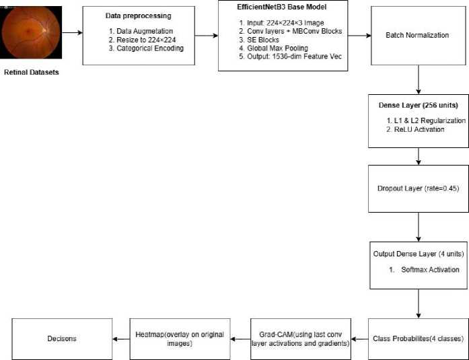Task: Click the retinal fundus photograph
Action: [31, 32]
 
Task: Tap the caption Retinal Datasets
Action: [32, 73]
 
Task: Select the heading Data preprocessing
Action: [138, 16]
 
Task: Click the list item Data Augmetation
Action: [141, 31]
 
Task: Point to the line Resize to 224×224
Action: [143, 40]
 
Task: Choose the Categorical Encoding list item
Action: [146, 48]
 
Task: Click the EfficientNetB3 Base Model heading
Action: [282, 7]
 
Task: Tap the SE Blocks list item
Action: [259, 40]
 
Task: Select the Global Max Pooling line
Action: [273, 48]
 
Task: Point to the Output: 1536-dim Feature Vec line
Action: [291, 57]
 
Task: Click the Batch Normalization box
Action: [419, 36]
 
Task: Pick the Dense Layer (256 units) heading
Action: [418, 105]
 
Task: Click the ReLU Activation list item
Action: [415, 129]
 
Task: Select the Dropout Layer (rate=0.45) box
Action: [419, 188]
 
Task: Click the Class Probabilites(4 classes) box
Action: [419, 339]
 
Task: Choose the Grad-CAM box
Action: [301, 339]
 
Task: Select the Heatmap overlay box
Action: [180, 339]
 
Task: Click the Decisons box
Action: [62, 339]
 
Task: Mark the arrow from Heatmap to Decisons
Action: [121, 339]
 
